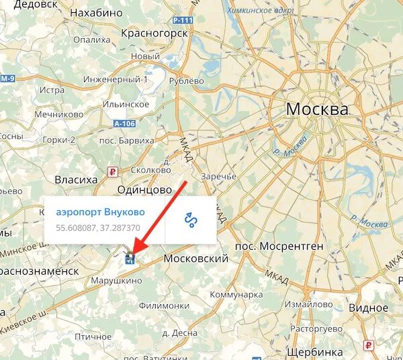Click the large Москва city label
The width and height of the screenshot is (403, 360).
(x=317, y=109)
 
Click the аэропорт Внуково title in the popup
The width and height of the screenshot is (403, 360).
(x=100, y=212)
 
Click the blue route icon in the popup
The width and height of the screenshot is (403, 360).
(x=191, y=220)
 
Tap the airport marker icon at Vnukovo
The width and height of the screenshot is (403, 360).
(x=130, y=257)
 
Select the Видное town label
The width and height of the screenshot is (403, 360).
(x=368, y=308)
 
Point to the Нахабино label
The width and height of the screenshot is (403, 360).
(x=96, y=13)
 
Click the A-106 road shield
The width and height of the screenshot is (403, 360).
(x=124, y=124)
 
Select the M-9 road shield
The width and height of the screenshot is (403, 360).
(x=7, y=79)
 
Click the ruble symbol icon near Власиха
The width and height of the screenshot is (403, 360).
(x=112, y=172)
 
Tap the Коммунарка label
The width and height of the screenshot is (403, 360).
(x=236, y=294)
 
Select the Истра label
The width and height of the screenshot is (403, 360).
(x=52, y=90)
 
